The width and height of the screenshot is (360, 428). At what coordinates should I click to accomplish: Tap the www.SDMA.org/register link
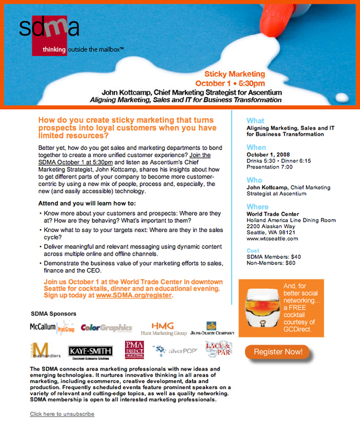coord(134,295)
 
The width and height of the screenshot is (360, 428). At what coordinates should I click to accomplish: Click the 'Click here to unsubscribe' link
coord(62,414)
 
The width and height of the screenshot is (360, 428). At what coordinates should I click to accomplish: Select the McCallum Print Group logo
coord(52,327)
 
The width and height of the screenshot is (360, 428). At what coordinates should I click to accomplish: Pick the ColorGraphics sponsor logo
coord(106,327)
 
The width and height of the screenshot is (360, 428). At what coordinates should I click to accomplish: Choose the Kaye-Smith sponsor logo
coord(90,351)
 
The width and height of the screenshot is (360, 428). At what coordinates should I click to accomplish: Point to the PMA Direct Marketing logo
coord(134,350)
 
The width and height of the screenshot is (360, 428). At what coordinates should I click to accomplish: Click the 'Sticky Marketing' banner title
coord(234,74)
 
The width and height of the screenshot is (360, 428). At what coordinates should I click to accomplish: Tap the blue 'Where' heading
coord(257,207)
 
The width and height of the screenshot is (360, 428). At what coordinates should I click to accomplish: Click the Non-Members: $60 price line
coord(271,262)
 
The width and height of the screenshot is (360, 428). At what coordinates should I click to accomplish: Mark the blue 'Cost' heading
coord(253,250)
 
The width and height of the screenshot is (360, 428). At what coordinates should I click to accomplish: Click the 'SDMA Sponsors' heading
coord(53,313)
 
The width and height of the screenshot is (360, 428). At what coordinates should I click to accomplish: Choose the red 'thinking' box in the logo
coord(54,50)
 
